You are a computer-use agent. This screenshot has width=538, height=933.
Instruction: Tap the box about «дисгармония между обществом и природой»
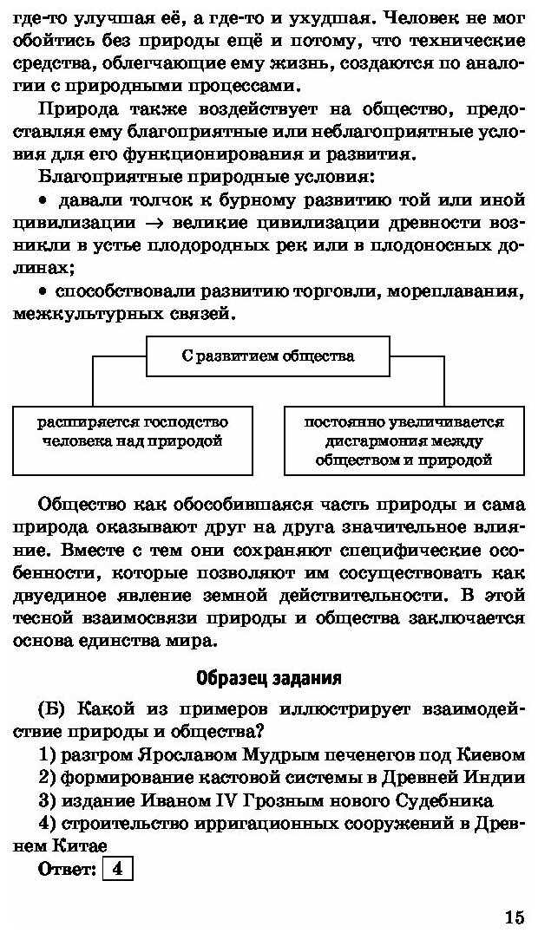(403, 441)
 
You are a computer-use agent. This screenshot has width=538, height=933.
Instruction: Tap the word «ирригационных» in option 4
(224, 822)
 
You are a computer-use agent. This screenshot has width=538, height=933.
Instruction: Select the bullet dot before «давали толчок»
(42, 201)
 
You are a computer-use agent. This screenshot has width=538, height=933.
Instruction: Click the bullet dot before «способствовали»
(42, 290)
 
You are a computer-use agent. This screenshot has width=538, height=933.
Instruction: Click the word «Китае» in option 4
(72, 845)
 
